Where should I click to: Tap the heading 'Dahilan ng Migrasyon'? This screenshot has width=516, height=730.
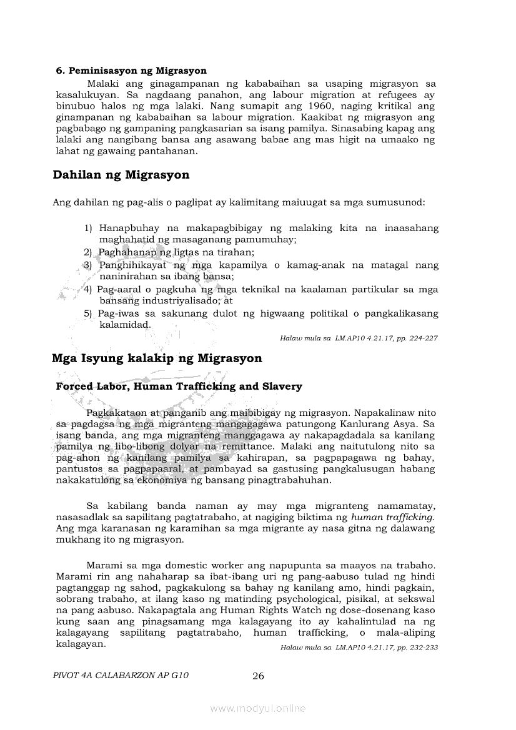(x=121, y=175)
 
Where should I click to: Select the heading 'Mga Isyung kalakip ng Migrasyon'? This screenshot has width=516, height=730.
(x=157, y=358)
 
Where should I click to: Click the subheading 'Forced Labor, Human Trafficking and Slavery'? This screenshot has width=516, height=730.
(x=179, y=387)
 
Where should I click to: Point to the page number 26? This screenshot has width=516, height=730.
(x=258, y=676)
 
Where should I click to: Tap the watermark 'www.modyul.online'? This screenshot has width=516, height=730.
(x=258, y=708)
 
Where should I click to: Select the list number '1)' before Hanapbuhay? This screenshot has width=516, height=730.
(x=88, y=229)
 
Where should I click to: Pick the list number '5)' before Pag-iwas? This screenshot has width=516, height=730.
(x=88, y=313)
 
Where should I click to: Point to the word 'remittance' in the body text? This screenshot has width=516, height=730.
(x=246, y=447)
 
